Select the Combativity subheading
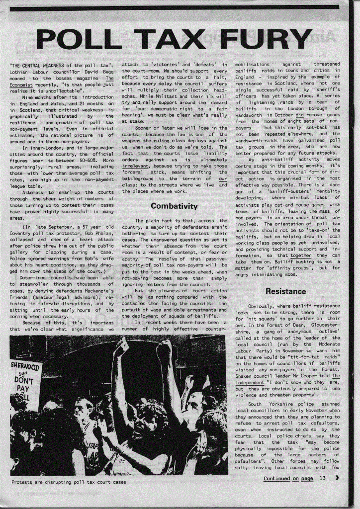tap(174, 206)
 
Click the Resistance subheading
tap(286, 291)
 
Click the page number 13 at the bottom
tap(322, 478)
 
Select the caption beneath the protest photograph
tap(69, 482)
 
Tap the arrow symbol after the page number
tap(337, 478)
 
